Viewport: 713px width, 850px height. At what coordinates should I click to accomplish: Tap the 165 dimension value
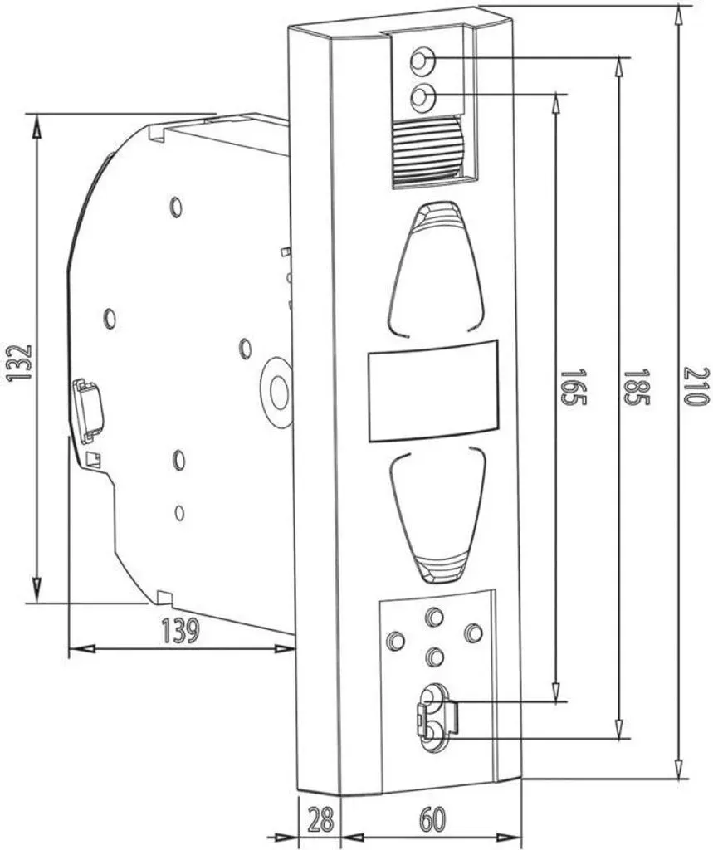click(573, 388)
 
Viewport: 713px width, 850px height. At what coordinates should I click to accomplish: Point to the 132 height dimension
click(20, 362)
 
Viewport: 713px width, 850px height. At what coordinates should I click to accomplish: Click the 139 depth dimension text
click(181, 631)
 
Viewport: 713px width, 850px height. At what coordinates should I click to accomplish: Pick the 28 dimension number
click(320, 819)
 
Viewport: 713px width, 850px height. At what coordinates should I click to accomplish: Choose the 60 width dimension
click(432, 819)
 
